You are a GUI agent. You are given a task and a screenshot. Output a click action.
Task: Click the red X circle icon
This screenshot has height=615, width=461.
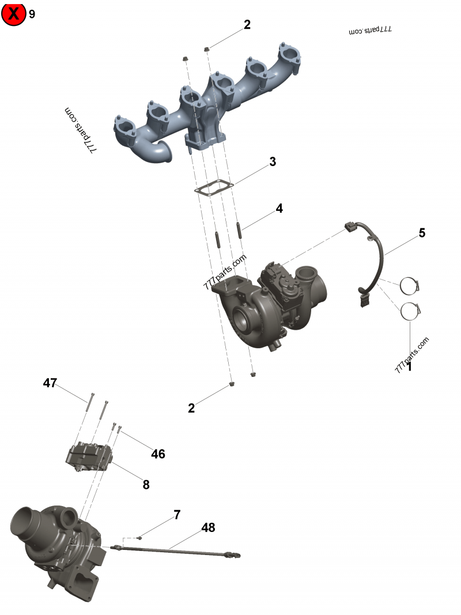[x=13, y=14]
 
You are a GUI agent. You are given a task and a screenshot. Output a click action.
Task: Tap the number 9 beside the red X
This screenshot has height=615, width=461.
[x=32, y=14]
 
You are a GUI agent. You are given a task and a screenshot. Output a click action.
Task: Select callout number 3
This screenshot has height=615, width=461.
[x=273, y=162]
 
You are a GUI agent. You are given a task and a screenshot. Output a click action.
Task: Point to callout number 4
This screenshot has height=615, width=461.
[x=279, y=208]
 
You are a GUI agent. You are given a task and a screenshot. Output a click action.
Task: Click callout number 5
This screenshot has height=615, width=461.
[x=422, y=233]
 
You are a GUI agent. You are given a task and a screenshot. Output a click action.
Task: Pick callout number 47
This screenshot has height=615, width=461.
[x=50, y=383]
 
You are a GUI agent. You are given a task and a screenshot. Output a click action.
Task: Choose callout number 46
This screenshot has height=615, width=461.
[x=158, y=454]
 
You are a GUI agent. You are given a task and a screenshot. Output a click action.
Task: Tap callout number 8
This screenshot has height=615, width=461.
[x=146, y=485]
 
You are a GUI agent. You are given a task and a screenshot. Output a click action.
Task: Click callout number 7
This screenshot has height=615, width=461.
[x=177, y=515]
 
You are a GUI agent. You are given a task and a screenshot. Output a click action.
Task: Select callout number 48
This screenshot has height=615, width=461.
[x=208, y=527]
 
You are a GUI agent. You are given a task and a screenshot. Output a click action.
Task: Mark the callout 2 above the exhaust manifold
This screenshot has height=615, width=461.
[x=247, y=25]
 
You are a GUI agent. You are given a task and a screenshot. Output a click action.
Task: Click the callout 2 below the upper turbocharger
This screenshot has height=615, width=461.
[x=191, y=408]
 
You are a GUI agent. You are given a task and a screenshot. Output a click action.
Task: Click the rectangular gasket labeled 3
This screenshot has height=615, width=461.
[x=213, y=187]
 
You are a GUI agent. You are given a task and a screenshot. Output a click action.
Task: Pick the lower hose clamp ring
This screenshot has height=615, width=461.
[x=411, y=311]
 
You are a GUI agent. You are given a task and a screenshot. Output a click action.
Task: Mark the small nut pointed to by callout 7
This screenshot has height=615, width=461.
[x=139, y=538]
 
